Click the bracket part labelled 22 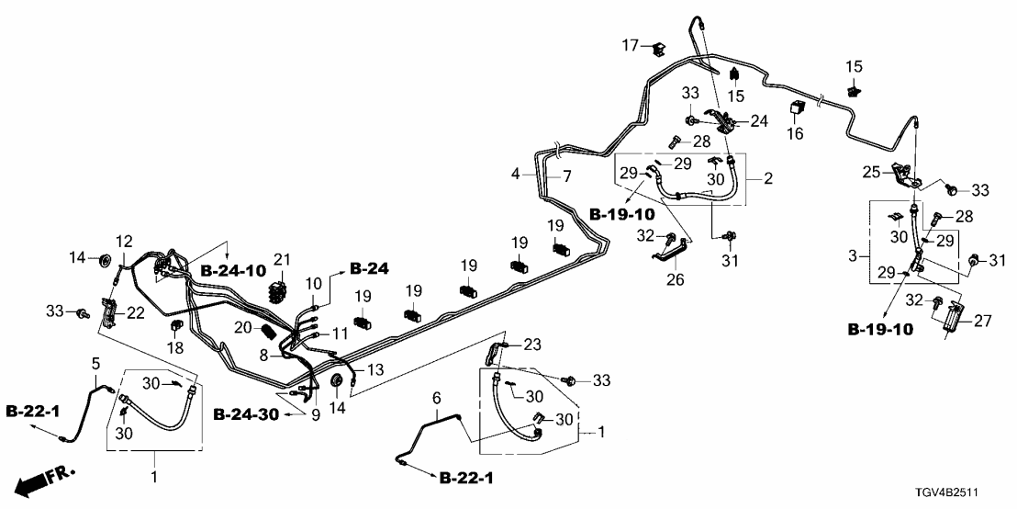click(x=108, y=315)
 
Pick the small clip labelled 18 click(x=173, y=328)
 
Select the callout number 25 click(x=870, y=171)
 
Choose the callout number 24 click(x=759, y=120)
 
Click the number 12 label click(x=124, y=241)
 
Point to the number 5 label click(x=94, y=364)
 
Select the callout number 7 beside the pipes click(x=566, y=175)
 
